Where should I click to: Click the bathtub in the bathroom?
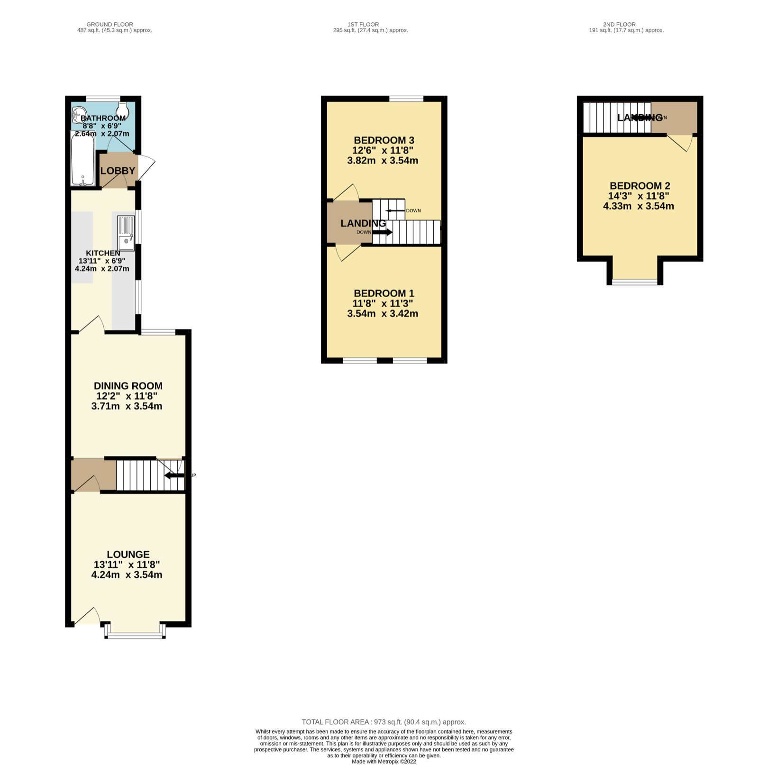point(82,159)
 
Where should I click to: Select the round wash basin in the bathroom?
point(78,114)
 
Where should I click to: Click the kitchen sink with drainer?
point(126,233)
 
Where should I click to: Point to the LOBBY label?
point(118,171)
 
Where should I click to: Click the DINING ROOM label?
point(128,386)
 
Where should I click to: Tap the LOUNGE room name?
point(128,554)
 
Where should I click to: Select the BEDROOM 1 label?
point(384,293)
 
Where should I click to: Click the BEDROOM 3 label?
point(384,140)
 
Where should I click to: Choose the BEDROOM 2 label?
point(640,186)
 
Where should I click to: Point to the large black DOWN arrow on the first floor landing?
point(382,232)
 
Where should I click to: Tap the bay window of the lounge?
point(135,634)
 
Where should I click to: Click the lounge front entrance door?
point(87,616)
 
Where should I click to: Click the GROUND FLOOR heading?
point(110,24)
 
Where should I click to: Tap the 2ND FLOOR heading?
point(619,24)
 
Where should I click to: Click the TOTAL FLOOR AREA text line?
point(384,722)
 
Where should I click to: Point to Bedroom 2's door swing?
point(681,143)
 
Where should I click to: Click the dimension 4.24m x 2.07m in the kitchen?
point(102,269)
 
